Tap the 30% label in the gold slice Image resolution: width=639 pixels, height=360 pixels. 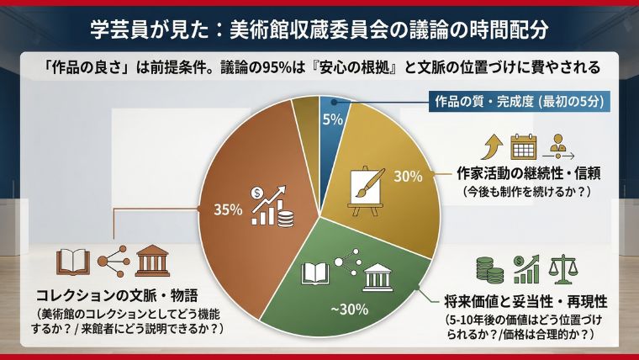tap(407, 177)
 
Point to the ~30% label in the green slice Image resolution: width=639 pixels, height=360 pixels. tap(349, 309)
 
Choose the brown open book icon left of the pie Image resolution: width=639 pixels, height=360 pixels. tap(72, 262)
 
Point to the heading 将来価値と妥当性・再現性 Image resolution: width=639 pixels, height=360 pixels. tap(527, 301)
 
